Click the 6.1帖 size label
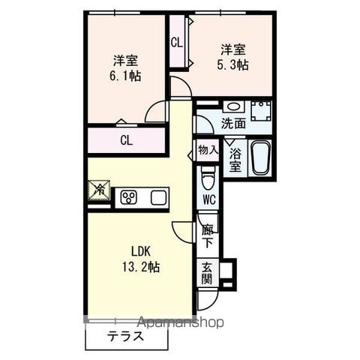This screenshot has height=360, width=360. point(124,76)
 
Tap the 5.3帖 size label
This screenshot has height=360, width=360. point(235,65)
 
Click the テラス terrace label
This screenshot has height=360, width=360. point(124,337)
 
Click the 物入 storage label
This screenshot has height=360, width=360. point(208,150)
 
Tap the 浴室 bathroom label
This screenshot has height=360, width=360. point(235,159)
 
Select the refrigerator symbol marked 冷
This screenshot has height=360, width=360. point(100,190)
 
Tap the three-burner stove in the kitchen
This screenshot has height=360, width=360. point(128,197)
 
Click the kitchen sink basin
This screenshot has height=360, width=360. point(159,197)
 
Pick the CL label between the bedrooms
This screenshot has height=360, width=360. point(176,43)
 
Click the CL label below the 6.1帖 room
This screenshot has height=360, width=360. point(127,139)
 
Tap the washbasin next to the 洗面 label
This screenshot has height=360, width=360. point(232,106)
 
